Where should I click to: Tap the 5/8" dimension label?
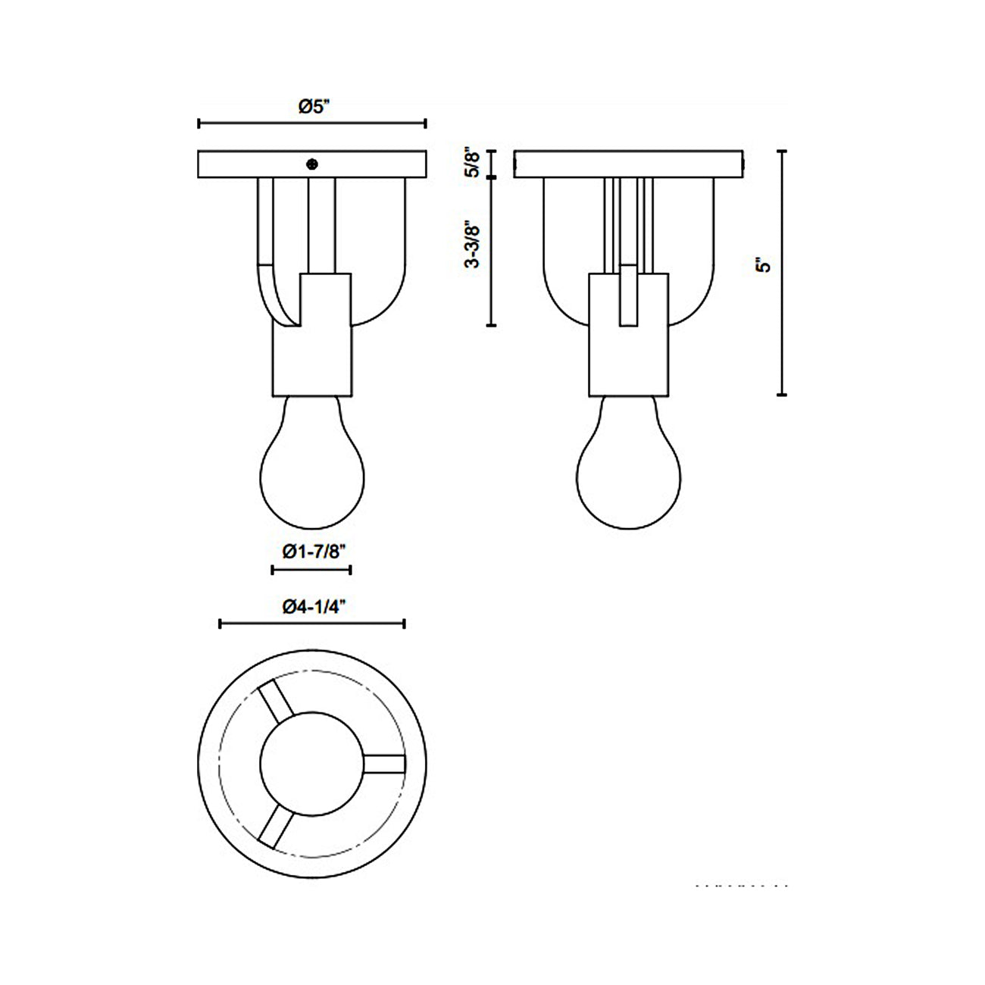pyautogui.click(x=474, y=164)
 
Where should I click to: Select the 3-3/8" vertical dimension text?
pyautogui.click(x=474, y=243)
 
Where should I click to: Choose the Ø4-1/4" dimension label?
pyautogui.click(x=314, y=606)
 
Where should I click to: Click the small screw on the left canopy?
pyautogui.click(x=311, y=164)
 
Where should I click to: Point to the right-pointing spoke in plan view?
pyautogui.click(x=384, y=764)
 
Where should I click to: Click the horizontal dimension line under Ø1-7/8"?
pyautogui.click(x=311, y=569)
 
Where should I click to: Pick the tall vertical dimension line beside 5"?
pyautogui.click(x=783, y=273)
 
